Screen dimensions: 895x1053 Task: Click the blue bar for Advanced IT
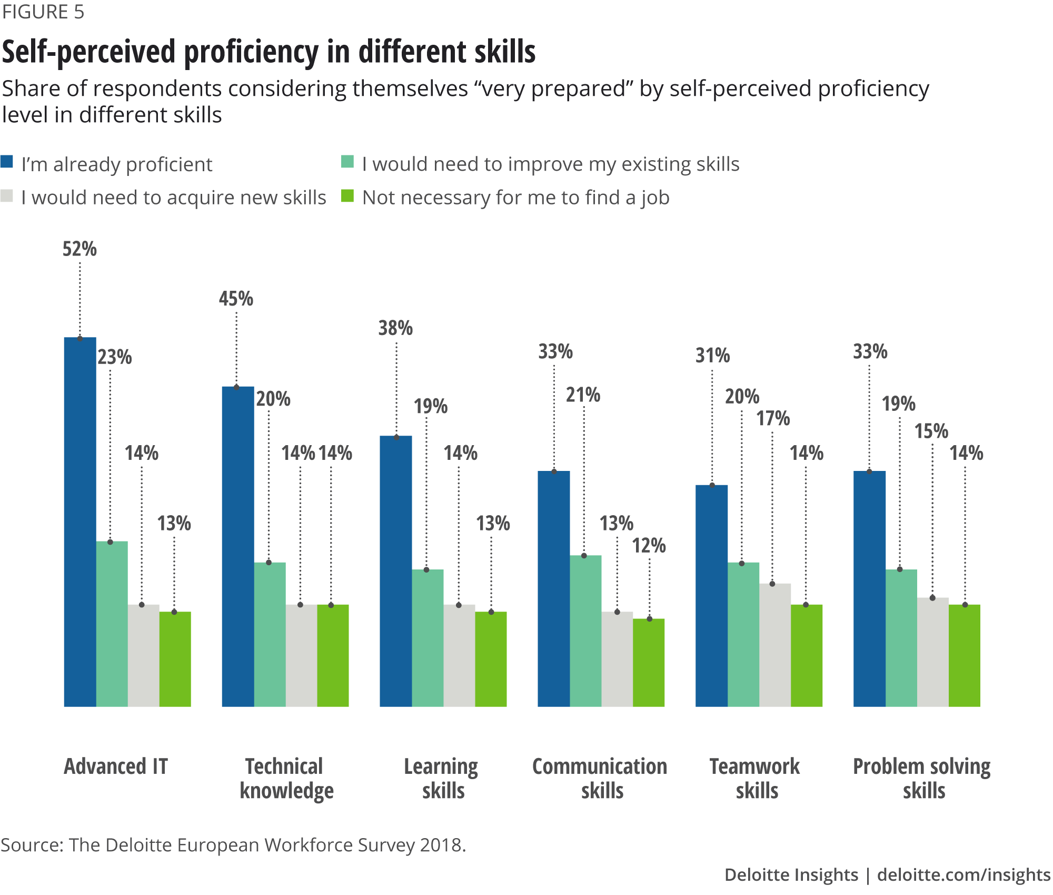pyautogui.click(x=80, y=522)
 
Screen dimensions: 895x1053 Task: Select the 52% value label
pyautogui.click(x=80, y=249)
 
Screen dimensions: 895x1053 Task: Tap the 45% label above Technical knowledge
pyautogui.click(x=236, y=299)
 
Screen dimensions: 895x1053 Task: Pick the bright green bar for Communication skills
pyautogui.click(x=649, y=662)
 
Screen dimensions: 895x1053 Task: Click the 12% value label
pyautogui.click(x=649, y=546)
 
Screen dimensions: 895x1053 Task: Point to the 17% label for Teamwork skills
pyautogui.click(x=773, y=419)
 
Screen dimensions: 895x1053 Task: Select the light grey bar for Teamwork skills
pyautogui.click(x=775, y=644)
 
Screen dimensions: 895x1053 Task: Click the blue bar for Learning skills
pyautogui.click(x=396, y=571)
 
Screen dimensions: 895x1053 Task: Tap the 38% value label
pyautogui.click(x=395, y=328)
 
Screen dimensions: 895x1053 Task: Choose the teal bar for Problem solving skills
pyautogui.click(x=901, y=637)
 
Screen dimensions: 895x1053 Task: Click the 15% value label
pyautogui.click(x=931, y=431)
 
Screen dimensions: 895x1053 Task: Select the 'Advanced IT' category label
pyautogui.click(x=116, y=766)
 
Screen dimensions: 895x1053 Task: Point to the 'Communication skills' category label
pyautogui.click(x=600, y=778)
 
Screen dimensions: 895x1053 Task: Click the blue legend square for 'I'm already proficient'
pyautogui.click(x=7, y=162)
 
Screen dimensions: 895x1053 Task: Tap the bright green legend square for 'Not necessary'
pyautogui.click(x=347, y=196)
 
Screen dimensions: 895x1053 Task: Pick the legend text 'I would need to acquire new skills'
pyautogui.click(x=174, y=198)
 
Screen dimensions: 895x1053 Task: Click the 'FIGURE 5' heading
pyautogui.click(x=43, y=12)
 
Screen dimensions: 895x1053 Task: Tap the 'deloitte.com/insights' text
pyautogui.click(x=963, y=874)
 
